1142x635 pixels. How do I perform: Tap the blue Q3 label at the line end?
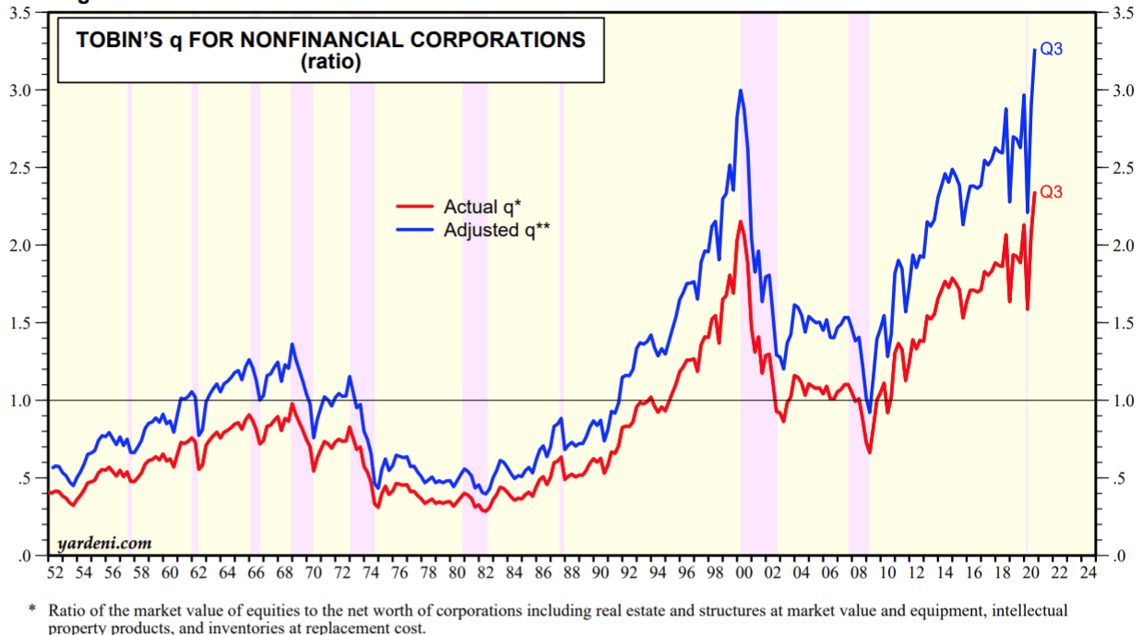click(x=1052, y=49)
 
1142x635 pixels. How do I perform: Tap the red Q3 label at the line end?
click(x=1052, y=193)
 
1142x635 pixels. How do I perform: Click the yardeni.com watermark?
click(x=104, y=544)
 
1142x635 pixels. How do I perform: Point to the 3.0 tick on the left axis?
click(x=23, y=90)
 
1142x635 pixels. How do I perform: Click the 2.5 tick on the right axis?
click(x=1110, y=168)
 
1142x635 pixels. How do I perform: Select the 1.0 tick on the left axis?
click(x=23, y=401)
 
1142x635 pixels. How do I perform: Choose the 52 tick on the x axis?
click(x=55, y=573)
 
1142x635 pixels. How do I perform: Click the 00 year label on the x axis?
click(x=743, y=573)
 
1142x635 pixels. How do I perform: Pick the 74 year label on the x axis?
click(x=371, y=573)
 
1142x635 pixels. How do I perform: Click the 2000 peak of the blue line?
click(x=740, y=90)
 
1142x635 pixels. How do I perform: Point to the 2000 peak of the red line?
click(x=740, y=222)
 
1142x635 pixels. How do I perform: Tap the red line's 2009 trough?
click(x=869, y=452)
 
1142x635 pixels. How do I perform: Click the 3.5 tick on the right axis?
click(x=1110, y=13)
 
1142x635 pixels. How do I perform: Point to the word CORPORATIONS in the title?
click(x=497, y=41)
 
